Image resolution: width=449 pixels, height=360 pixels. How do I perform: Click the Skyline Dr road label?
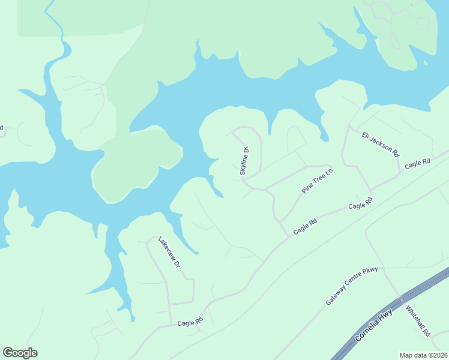tap(244, 161)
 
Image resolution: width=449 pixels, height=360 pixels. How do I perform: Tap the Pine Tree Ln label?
tap(317, 181)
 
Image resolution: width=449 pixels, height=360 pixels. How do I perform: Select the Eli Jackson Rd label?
tap(380, 143)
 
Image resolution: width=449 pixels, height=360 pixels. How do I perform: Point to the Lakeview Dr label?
tap(169, 252)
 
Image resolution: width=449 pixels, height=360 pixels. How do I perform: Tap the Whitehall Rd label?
tap(418, 321)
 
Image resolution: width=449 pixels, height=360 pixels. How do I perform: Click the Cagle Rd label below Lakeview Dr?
tap(190, 323)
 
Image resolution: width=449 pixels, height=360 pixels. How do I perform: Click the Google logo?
tap(20, 353)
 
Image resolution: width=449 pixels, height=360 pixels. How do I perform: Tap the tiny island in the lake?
tap(425, 62)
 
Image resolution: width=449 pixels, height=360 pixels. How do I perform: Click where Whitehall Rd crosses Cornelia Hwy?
tap(400, 298)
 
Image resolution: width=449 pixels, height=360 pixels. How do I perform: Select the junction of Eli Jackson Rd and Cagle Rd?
tap(401, 171)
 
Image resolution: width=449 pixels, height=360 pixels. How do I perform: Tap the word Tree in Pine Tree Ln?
tap(317, 181)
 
